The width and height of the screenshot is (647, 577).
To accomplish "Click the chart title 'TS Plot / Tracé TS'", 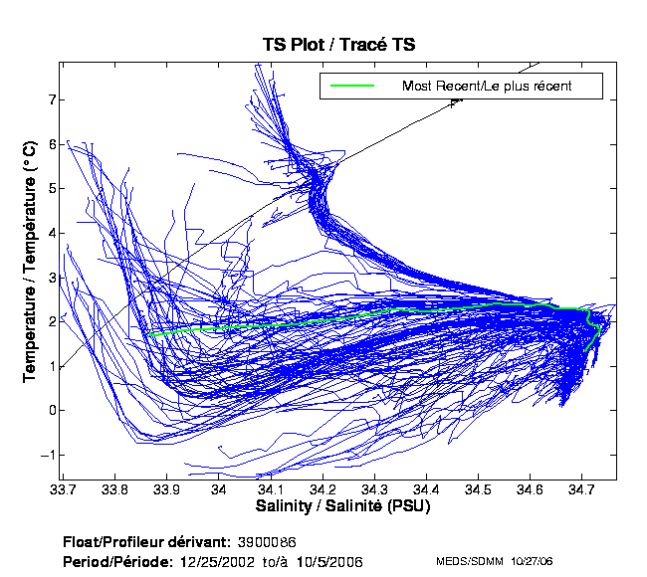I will pyautogui.click(x=337, y=44).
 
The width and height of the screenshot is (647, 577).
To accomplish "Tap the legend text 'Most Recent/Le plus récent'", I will pyautogui.click(x=487, y=87).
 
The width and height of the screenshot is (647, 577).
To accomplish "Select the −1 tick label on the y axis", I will pyautogui.click(x=48, y=455).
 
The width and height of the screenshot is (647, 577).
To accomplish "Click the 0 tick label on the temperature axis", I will pyautogui.click(x=51, y=410).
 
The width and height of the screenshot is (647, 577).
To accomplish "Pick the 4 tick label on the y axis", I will pyautogui.click(x=51, y=233).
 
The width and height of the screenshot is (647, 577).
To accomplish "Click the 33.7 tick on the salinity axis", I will pyautogui.click(x=67, y=490).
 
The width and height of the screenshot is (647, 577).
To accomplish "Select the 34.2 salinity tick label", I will pyautogui.click(x=325, y=490).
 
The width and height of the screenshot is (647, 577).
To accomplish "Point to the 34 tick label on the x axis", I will pyautogui.click(x=222, y=490).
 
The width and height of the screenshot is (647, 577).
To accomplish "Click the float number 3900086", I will pyautogui.click(x=269, y=542).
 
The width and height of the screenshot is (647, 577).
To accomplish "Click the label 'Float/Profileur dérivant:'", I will pyautogui.click(x=145, y=542).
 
